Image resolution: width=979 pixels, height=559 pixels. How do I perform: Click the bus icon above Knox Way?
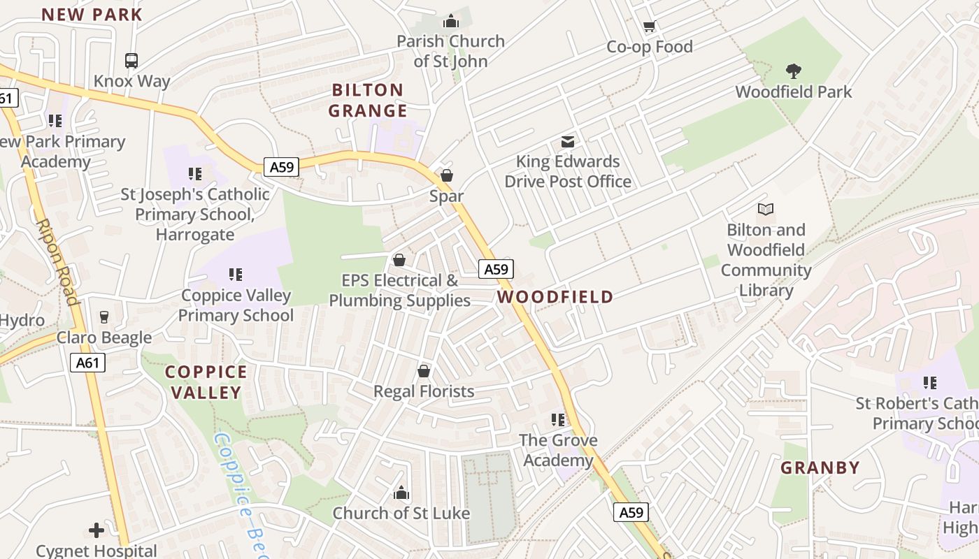[x=131, y=61]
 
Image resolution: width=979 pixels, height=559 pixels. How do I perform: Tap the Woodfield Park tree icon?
[x=793, y=71]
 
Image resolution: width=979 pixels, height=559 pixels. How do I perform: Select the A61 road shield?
[x=88, y=363]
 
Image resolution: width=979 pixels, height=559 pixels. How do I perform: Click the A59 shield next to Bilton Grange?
[x=282, y=166]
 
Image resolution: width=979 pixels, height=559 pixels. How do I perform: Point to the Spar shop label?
[x=446, y=196]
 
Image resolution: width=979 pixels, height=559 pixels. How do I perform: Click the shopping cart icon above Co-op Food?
[x=649, y=27]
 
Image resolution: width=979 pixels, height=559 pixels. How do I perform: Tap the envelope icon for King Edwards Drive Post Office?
[x=568, y=142]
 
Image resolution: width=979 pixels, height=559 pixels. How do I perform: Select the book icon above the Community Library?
[x=766, y=209]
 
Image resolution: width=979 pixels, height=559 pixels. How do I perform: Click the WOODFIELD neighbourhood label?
[x=555, y=297]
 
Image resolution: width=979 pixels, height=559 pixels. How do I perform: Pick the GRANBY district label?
[x=820, y=467]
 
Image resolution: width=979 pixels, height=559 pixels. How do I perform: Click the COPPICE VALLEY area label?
[x=206, y=382]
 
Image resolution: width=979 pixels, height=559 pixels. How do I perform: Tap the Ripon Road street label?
[x=57, y=262]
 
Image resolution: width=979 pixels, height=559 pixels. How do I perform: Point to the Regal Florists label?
[x=424, y=391]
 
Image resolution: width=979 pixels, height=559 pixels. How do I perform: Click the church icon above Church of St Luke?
[x=401, y=493]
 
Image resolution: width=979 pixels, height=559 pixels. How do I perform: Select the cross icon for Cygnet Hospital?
[x=97, y=530]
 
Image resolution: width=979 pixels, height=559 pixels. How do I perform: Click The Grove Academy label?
[x=558, y=450]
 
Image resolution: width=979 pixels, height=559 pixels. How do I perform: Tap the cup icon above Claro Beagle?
[x=104, y=317]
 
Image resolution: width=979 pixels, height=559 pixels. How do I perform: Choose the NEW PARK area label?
[x=92, y=14]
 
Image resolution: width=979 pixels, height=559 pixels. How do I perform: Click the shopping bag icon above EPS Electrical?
[x=399, y=260]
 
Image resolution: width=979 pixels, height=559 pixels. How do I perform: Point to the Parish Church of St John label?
[x=450, y=51]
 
